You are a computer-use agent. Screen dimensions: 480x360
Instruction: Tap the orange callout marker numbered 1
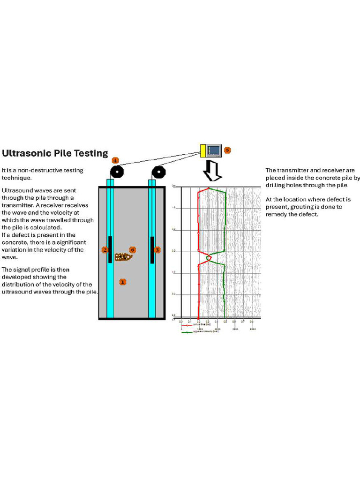pyautogui.click(x=122, y=282)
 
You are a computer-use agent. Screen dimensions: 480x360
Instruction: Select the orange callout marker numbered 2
pyautogui.click(x=105, y=250)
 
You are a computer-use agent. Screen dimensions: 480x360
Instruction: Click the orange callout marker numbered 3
pyautogui.click(x=157, y=250)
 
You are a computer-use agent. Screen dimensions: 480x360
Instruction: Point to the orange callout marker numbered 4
pyautogui.click(x=115, y=160)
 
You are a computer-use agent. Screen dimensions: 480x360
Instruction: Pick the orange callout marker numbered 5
pyautogui.click(x=227, y=150)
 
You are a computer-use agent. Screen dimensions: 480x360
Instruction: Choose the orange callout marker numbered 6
pyautogui.click(x=132, y=250)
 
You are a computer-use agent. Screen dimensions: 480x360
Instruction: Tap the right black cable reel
pyautogui.click(x=159, y=172)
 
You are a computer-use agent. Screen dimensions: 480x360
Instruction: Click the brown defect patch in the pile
pyautogui.click(x=123, y=257)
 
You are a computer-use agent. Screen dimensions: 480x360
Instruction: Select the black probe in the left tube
pyautogui.click(x=110, y=249)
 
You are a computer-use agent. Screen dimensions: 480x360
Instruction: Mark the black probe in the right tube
pyautogui.click(x=152, y=249)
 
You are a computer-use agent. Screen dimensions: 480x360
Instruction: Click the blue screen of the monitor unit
pyautogui.click(x=214, y=150)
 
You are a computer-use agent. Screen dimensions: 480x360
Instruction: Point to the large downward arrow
pyautogui.click(x=212, y=172)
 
